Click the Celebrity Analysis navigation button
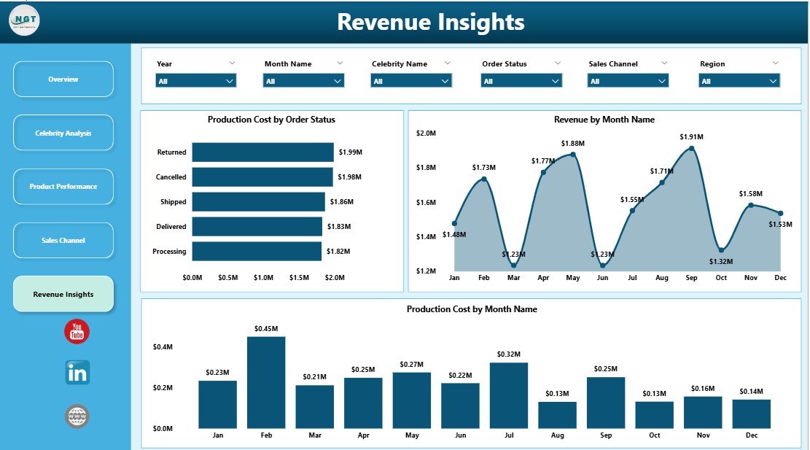tap(63, 133)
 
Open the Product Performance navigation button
tap(63, 187)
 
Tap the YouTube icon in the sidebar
tap(77, 331)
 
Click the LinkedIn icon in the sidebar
tap(77, 373)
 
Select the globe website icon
tap(77, 416)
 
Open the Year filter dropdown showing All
tap(196, 81)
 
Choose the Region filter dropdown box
tap(739, 81)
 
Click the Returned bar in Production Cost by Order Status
tap(262, 152)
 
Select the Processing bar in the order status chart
tap(257, 252)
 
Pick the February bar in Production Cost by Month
tap(266, 382)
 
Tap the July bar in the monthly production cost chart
tap(509, 395)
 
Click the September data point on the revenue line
tap(691, 148)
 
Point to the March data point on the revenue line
tap(513, 265)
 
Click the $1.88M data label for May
tap(573, 143)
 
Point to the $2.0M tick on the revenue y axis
tap(426, 133)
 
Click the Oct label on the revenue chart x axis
tap(721, 278)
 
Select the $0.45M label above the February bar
tap(266, 329)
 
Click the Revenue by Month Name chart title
tap(604, 119)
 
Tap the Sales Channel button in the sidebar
tap(63, 240)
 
